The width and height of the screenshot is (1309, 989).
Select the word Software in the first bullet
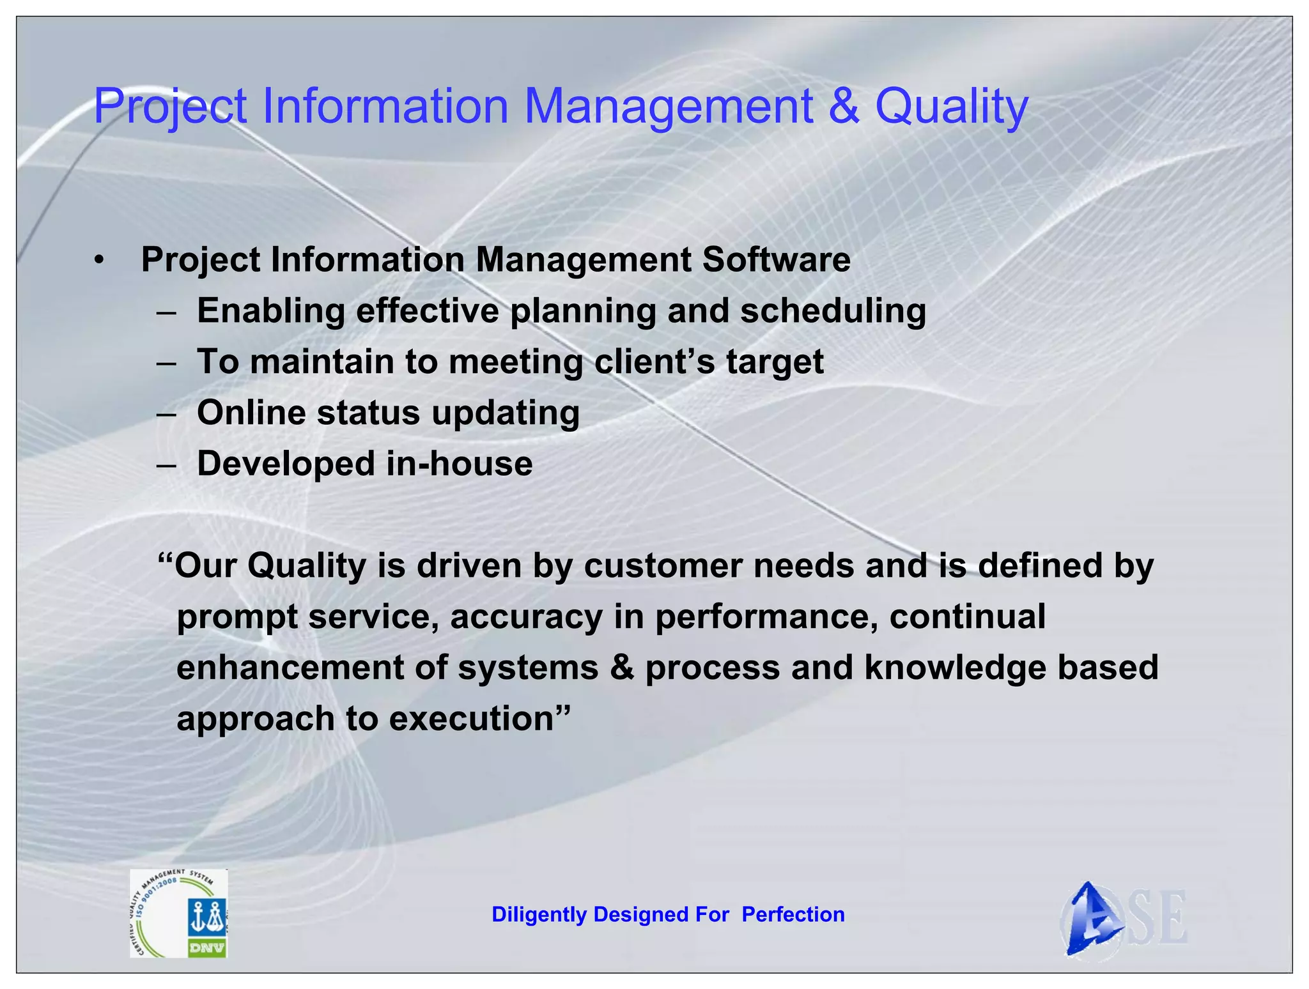pos(776,260)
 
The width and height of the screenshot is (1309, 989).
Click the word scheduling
pos(833,312)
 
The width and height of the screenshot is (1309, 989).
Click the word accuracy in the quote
pos(526,617)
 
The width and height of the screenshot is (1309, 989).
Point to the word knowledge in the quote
pos(955,668)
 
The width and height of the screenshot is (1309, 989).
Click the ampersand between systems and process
pos(621,668)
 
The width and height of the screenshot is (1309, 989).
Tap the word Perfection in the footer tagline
pos(793,915)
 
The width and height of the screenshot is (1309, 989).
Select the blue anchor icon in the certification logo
pos(207,918)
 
